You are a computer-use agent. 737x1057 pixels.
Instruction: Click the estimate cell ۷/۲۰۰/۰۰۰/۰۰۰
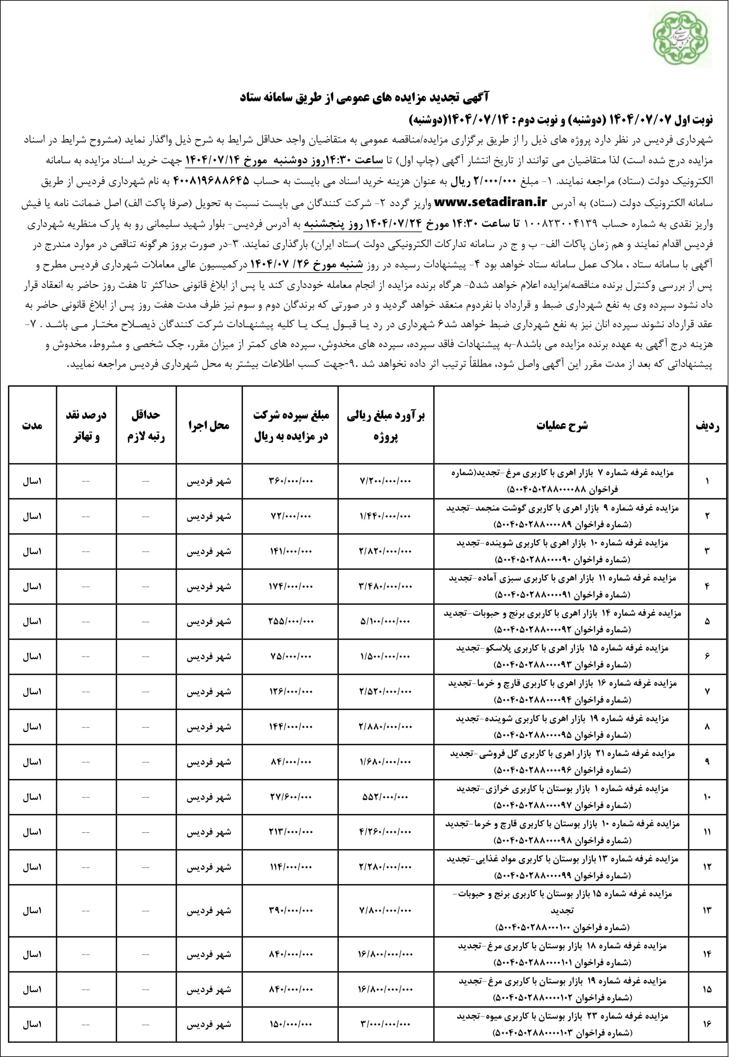pyautogui.click(x=385, y=481)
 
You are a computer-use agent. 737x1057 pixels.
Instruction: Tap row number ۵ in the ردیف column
pyautogui.click(x=708, y=621)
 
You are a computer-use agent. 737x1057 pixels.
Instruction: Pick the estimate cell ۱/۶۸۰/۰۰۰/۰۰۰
pyautogui.click(x=385, y=762)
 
